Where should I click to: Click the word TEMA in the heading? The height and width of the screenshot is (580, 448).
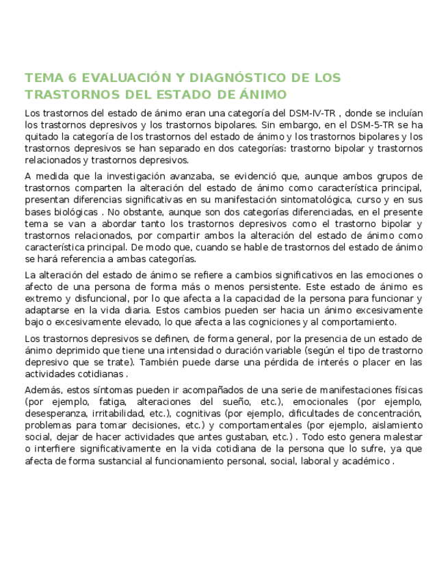[43, 77]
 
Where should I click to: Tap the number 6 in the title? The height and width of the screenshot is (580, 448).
[71, 77]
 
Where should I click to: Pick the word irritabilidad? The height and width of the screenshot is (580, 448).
[120, 413]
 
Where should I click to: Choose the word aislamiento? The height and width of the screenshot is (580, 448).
[397, 425]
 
